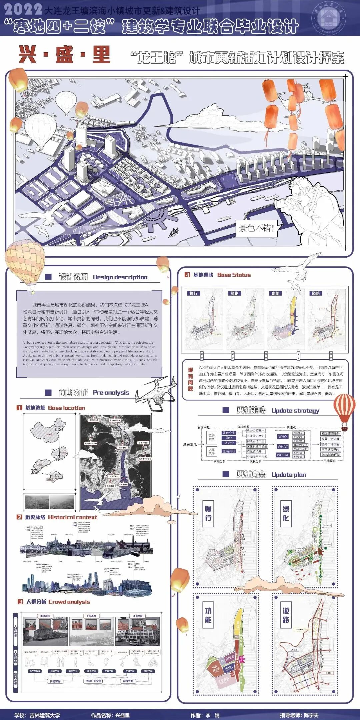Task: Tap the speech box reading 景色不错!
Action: point(256,228)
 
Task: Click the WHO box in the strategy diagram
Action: point(282,436)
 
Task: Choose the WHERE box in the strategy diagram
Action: point(283,455)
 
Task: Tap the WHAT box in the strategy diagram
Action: point(282,446)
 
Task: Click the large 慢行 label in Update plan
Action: point(208,513)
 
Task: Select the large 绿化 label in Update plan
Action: point(286,513)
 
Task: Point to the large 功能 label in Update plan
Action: point(208,615)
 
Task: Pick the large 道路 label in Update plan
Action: point(286,615)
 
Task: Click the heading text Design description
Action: point(120,277)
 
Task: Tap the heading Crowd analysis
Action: point(69,602)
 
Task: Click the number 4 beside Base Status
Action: point(187,275)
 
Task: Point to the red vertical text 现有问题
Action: point(190,379)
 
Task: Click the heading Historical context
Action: point(72,517)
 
